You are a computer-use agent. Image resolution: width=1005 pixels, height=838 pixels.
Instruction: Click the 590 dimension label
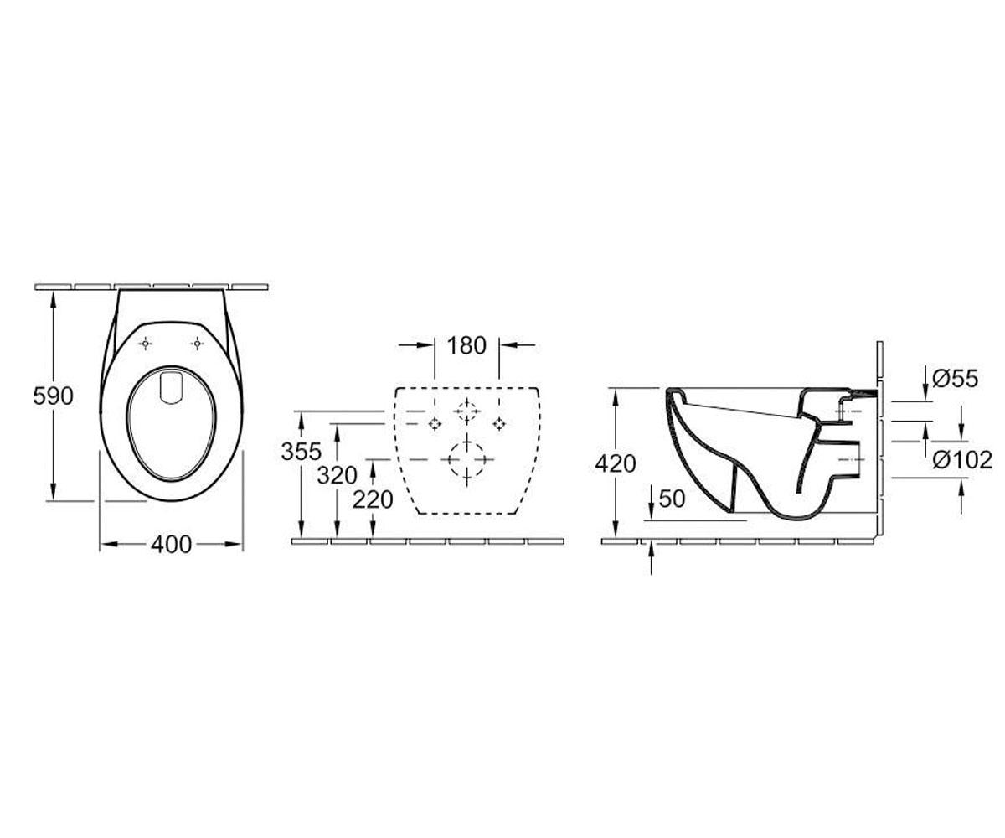[54, 396]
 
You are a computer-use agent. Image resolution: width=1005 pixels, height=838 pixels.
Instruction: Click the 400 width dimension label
[172, 545]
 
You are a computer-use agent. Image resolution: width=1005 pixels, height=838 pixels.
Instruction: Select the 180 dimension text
[466, 346]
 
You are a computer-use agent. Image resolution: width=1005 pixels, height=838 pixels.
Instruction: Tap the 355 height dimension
[301, 452]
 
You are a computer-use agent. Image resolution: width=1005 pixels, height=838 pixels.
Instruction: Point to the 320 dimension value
[337, 476]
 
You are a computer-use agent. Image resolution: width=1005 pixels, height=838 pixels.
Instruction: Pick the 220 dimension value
[373, 500]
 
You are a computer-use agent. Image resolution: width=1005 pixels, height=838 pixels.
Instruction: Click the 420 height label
[616, 463]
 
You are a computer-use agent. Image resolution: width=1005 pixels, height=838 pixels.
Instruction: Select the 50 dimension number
[672, 499]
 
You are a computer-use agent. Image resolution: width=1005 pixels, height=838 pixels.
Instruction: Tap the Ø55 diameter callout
[956, 379]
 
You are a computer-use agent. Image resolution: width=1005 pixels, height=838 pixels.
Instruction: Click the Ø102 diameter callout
[962, 460]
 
